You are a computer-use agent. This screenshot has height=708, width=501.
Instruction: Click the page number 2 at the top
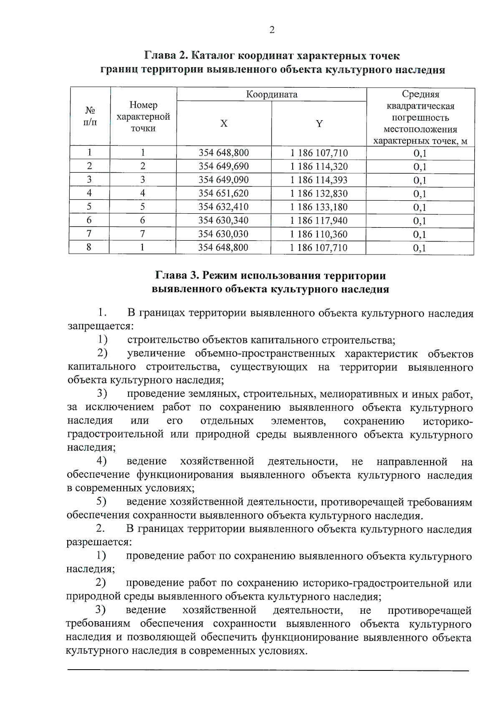click(272, 30)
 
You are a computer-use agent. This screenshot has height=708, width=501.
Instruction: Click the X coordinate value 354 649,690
click(223, 166)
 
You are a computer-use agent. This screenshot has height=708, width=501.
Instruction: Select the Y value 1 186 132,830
click(319, 194)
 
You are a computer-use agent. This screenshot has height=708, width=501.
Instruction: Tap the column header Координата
click(272, 94)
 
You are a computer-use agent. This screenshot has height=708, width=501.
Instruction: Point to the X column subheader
click(224, 123)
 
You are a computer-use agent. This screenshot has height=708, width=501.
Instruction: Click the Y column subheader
click(319, 123)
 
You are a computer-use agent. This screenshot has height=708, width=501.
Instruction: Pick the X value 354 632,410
click(223, 207)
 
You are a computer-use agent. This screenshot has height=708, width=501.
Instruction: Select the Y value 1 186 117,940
click(319, 221)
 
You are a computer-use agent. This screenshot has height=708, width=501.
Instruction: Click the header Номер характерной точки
click(143, 116)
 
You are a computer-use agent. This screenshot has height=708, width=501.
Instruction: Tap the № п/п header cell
click(90, 116)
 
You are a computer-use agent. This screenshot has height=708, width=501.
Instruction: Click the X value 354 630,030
click(223, 234)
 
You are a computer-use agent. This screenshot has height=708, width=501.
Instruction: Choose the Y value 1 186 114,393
click(319, 180)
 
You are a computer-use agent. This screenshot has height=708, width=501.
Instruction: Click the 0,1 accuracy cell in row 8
click(420, 248)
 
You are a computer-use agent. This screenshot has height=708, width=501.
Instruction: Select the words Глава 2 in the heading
click(165, 56)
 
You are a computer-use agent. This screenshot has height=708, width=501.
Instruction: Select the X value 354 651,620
click(223, 194)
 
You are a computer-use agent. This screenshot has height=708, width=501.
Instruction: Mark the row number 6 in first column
click(89, 220)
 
